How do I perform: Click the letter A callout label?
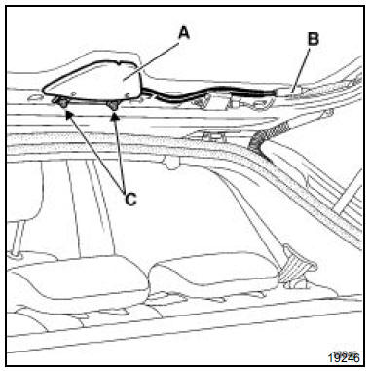click(184, 33)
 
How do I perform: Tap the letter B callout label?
click(314, 39)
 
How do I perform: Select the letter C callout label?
click(130, 199)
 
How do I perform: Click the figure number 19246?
click(344, 357)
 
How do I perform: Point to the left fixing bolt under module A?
click(61, 103)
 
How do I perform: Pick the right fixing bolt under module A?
click(113, 104)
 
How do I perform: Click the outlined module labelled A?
click(94, 81)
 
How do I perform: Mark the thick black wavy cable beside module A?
click(207, 93)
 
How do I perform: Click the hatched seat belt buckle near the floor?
click(295, 266)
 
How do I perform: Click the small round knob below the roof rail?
click(171, 163)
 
